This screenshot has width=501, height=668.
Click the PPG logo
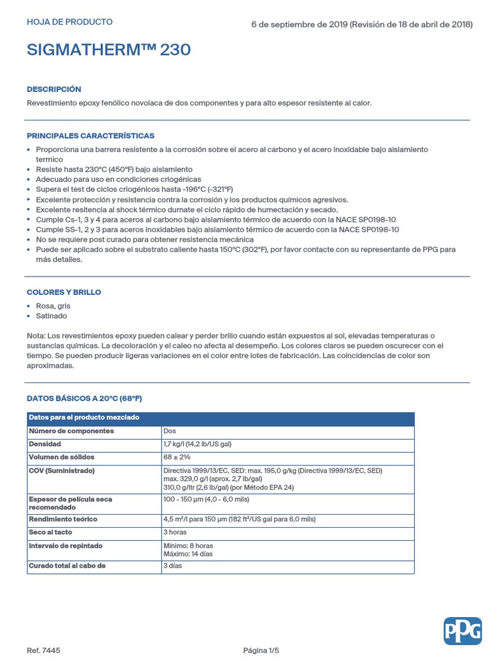click(463, 631)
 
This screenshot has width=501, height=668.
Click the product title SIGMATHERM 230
click(108, 50)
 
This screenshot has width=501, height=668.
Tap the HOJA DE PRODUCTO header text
click(69, 22)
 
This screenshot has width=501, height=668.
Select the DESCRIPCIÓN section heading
click(53, 89)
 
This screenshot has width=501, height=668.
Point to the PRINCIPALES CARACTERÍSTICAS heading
click(90, 136)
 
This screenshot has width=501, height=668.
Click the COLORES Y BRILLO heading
click(63, 292)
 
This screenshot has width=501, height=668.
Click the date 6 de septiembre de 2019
click(299, 25)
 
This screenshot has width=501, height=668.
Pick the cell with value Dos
click(170, 431)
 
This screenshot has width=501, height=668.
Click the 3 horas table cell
click(175, 532)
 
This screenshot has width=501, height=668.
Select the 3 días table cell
click(172, 566)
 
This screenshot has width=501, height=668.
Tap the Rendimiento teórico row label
click(63, 519)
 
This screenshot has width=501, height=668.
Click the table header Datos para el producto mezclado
click(83, 417)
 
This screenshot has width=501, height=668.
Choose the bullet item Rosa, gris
click(53, 306)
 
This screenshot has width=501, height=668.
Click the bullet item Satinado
click(52, 316)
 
